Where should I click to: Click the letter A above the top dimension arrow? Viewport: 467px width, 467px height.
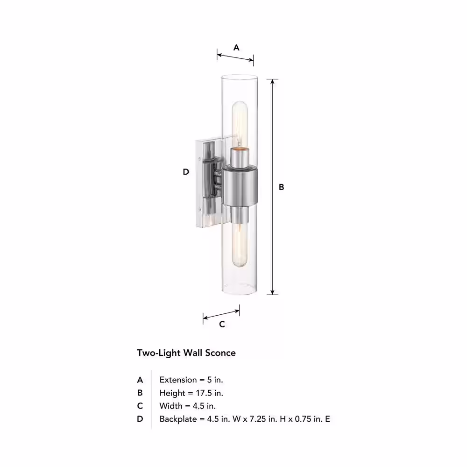click(236, 47)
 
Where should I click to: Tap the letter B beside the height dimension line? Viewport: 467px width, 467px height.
click(282, 187)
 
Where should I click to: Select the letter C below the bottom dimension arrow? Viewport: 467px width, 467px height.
click(222, 324)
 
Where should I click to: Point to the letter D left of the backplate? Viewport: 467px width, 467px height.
click(186, 172)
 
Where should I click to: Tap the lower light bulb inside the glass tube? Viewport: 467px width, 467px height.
click(240, 245)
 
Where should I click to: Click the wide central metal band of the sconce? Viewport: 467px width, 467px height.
click(240, 186)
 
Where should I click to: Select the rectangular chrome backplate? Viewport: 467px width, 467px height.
click(209, 182)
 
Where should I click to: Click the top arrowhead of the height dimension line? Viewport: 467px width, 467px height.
click(272, 82)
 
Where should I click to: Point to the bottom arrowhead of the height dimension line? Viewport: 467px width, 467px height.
click(272, 292)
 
